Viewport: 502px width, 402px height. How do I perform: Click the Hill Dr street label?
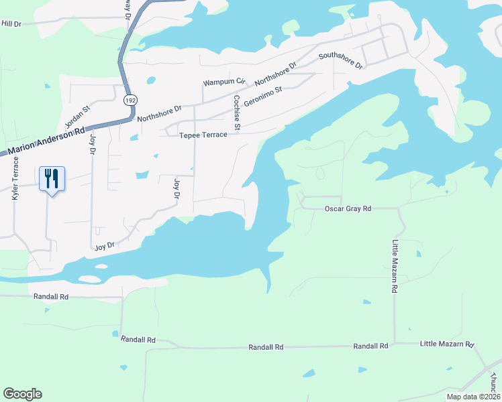point(12,23)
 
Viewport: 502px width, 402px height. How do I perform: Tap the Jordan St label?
point(77,118)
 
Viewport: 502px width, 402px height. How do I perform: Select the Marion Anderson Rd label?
point(44,141)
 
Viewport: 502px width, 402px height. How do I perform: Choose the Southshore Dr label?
point(340,61)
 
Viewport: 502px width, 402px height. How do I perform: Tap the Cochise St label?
point(236,112)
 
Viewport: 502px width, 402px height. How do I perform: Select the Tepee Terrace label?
point(203,135)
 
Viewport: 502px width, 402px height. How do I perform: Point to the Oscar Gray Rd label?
point(348,209)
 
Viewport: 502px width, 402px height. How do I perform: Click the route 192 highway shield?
point(128,101)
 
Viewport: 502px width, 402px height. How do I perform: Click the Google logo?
point(22,394)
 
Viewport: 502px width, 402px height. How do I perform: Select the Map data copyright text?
point(474,397)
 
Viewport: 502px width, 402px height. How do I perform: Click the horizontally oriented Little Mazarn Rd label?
point(447,344)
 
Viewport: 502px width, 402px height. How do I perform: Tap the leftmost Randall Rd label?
point(50,296)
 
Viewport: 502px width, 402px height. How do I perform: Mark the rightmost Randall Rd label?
point(370,346)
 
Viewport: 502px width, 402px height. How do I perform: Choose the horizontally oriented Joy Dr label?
point(105,246)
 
